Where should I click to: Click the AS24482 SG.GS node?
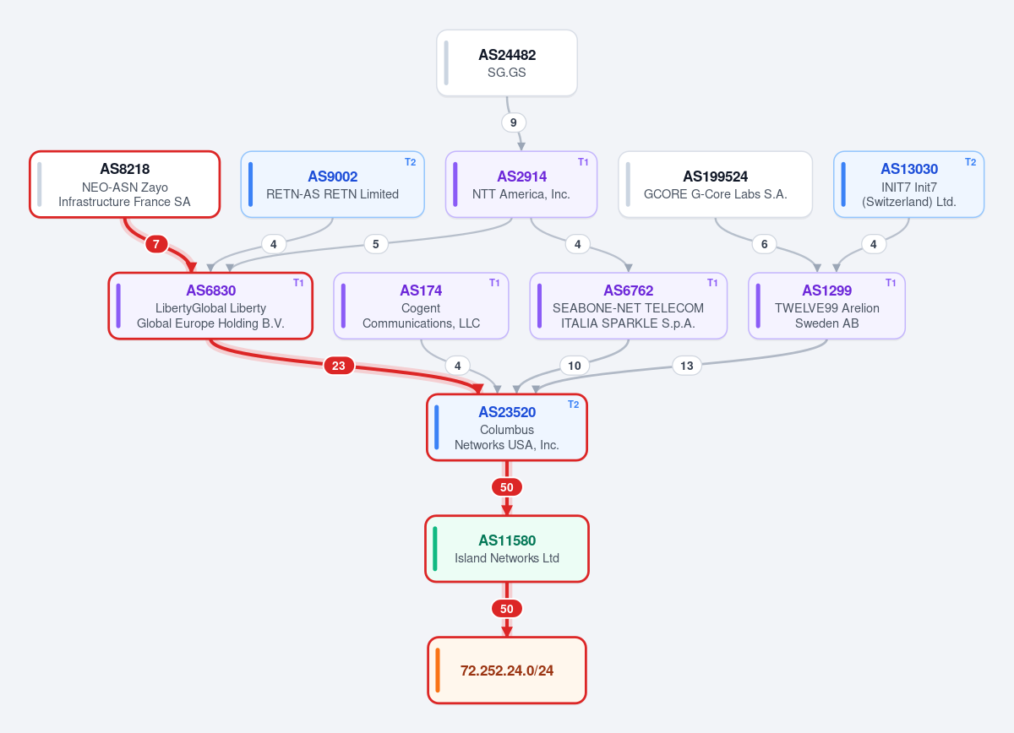(x=506, y=62)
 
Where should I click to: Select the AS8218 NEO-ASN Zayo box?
(x=125, y=185)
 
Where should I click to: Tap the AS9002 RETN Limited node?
(x=332, y=185)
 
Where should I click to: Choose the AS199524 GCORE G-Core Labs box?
(x=715, y=185)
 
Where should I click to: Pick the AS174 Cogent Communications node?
(x=421, y=306)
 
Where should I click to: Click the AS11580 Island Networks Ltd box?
(x=506, y=549)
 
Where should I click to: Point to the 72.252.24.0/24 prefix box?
(x=506, y=671)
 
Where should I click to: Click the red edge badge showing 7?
(x=156, y=244)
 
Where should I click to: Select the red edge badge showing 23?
(x=339, y=366)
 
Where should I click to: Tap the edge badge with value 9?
(x=514, y=122)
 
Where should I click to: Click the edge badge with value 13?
(x=687, y=366)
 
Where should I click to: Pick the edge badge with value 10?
(x=575, y=366)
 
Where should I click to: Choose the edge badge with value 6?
(x=764, y=244)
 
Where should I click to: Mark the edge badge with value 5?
(x=376, y=244)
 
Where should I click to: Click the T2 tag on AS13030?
(x=971, y=162)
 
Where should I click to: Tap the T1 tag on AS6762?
(x=712, y=283)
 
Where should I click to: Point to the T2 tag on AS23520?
(x=574, y=405)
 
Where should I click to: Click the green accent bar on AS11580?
(x=435, y=549)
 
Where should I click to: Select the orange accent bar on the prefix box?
(x=438, y=671)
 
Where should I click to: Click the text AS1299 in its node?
(x=826, y=290)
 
